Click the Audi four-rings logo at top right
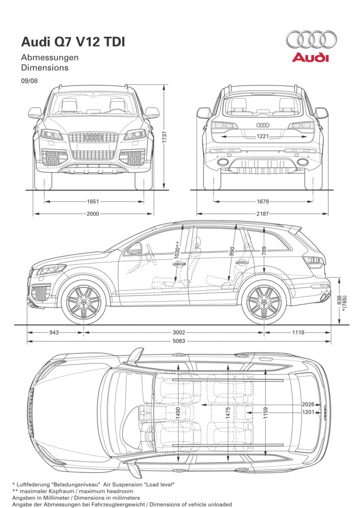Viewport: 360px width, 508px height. coord(311,39)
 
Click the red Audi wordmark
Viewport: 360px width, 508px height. coord(310,58)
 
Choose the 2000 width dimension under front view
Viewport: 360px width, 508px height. coord(93,214)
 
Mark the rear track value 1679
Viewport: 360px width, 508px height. coord(263,201)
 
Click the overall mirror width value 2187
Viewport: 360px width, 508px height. coord(263,214)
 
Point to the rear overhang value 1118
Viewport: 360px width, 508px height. coord(298,332)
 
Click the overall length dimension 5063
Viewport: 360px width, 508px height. coord(179,341)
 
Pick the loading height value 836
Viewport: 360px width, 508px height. coord(339,300)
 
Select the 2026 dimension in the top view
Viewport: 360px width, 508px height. coord(309,404)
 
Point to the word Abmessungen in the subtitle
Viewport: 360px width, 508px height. coord(50,57)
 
